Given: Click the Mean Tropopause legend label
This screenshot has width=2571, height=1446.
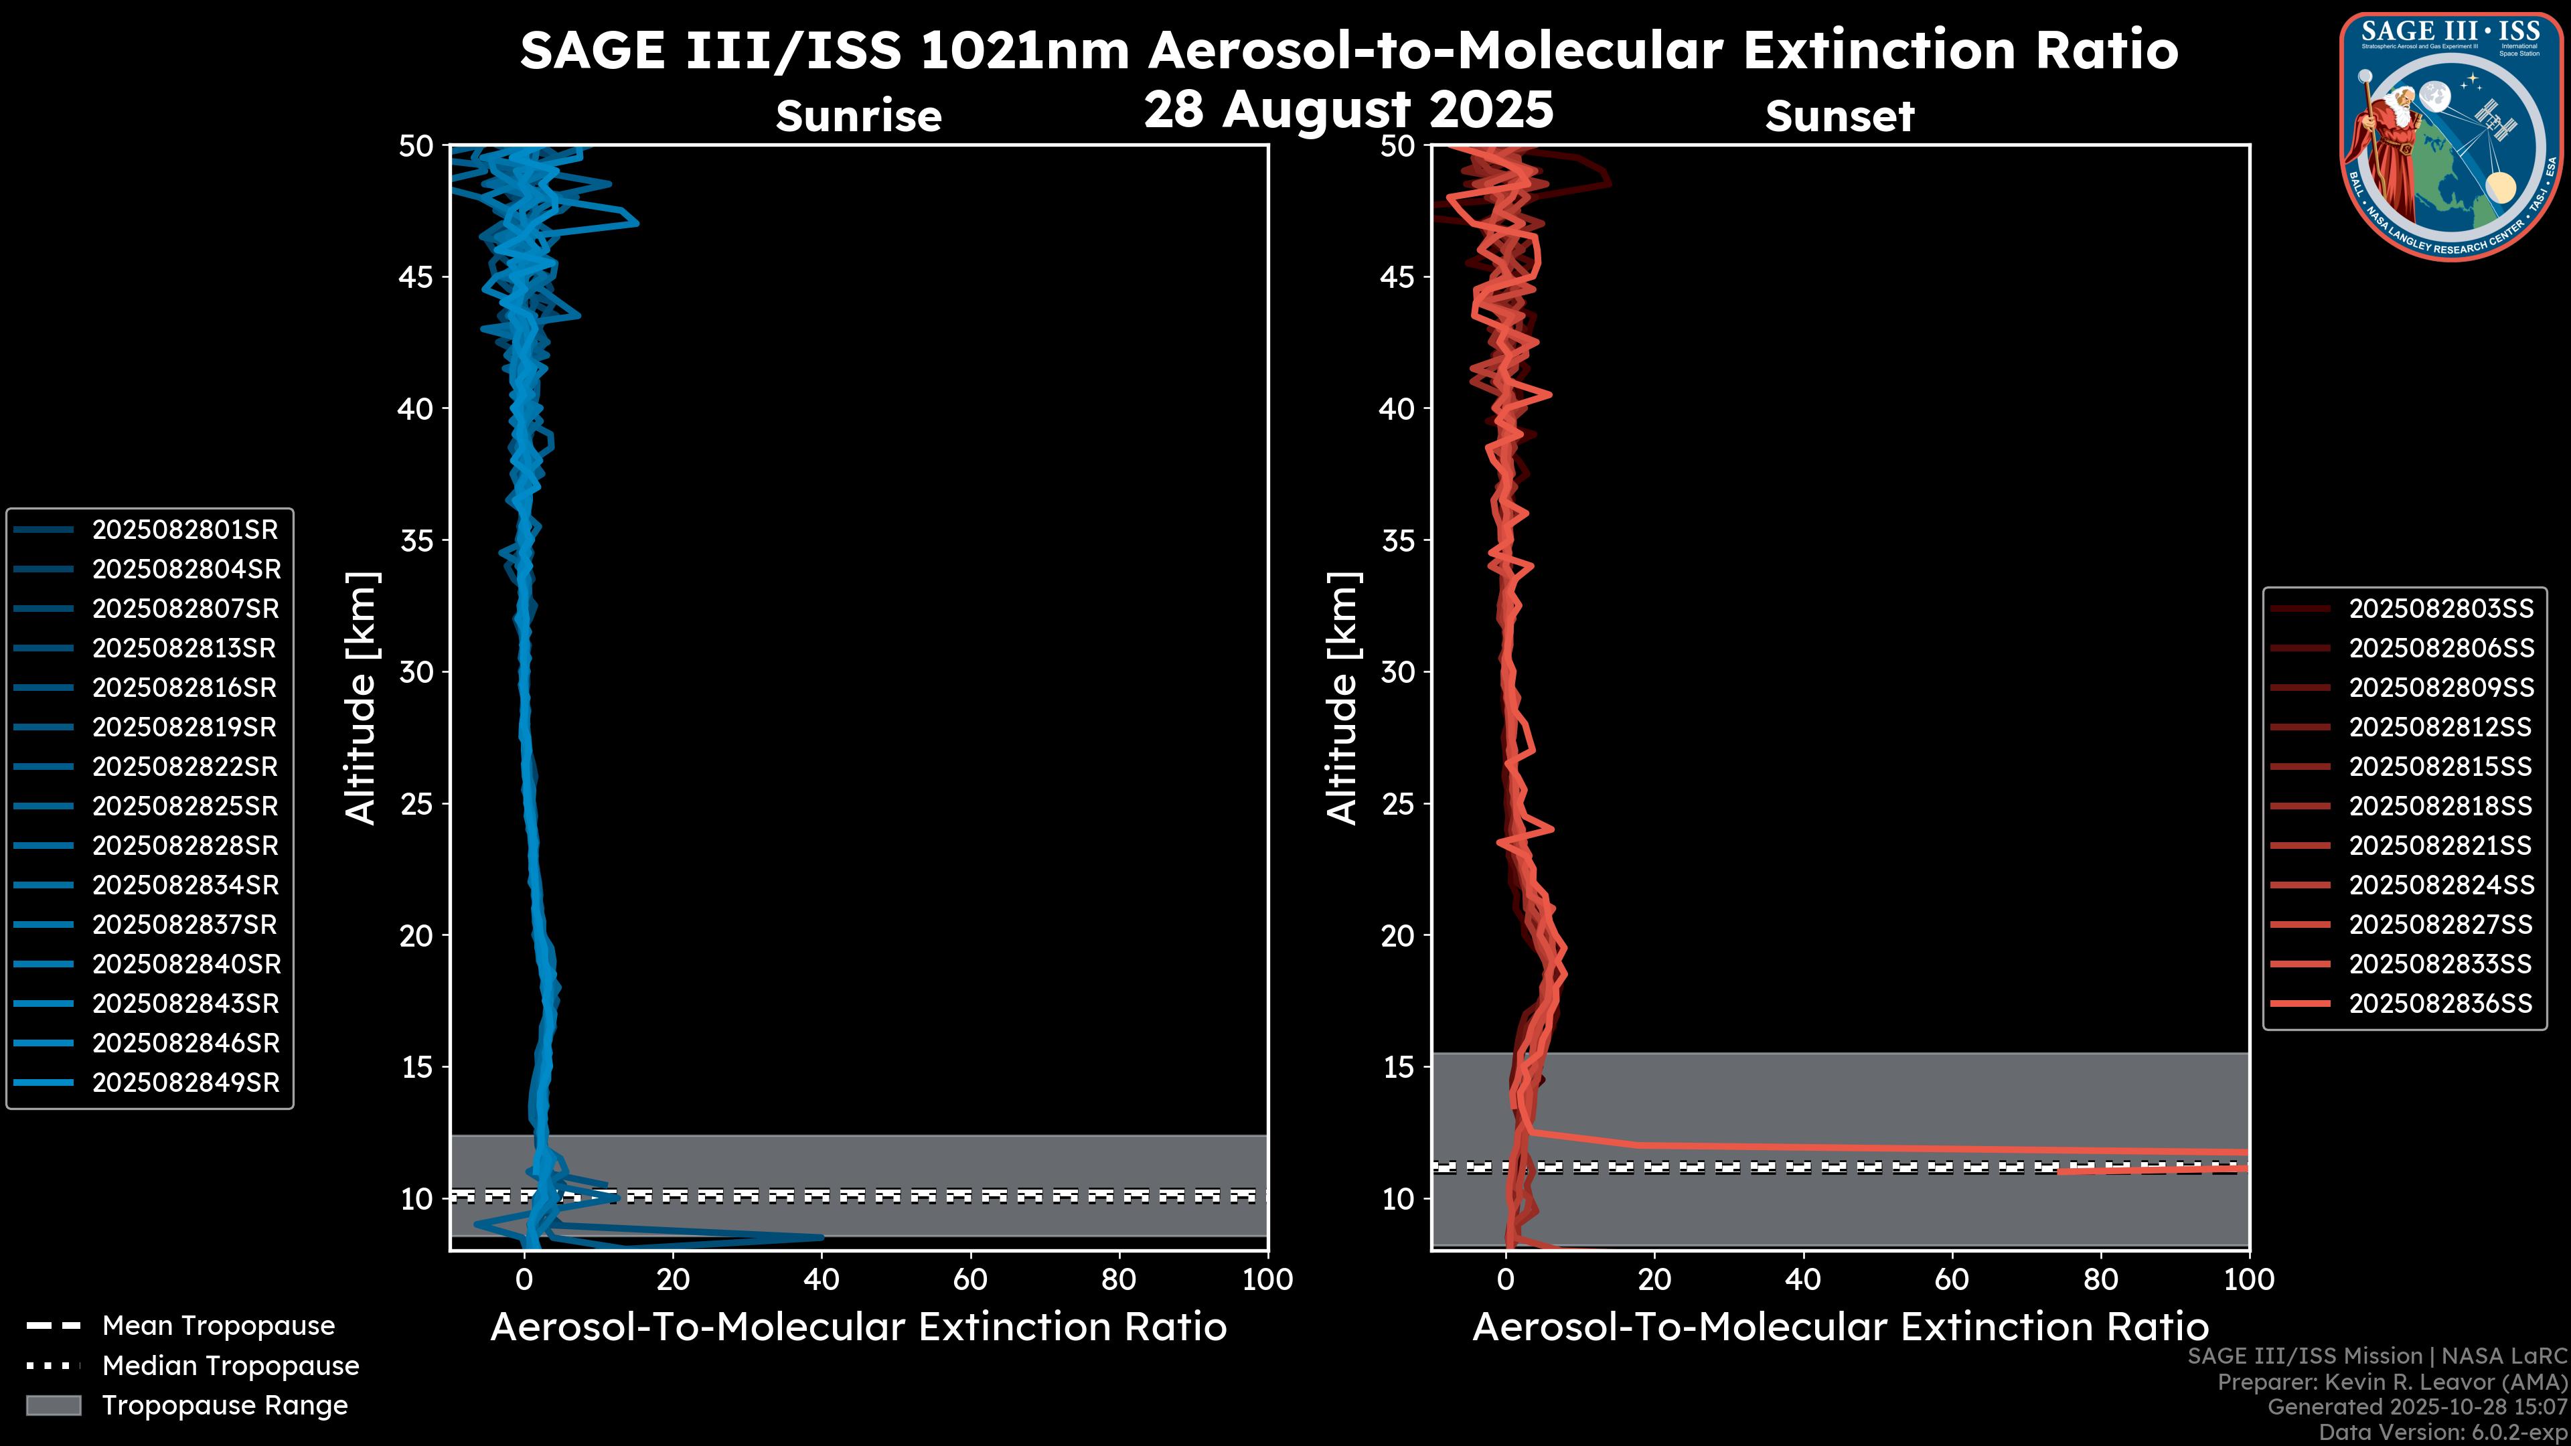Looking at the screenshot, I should [218, 1325].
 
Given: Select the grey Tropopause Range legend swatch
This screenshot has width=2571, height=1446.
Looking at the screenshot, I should [53, 1405].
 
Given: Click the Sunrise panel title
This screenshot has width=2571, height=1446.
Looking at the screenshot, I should [858, 116].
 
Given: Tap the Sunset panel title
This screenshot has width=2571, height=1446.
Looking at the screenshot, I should [1839, 116].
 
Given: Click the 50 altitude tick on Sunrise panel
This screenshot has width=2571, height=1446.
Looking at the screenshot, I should [417, 147].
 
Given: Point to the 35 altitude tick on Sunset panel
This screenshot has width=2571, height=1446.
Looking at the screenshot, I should [1399, 541].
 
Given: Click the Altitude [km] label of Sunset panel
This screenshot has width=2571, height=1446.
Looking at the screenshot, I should [1342, 698].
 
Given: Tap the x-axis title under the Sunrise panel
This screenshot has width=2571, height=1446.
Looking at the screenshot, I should [858, 1328].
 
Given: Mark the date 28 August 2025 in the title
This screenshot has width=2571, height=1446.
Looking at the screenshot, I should [1348, 110].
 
